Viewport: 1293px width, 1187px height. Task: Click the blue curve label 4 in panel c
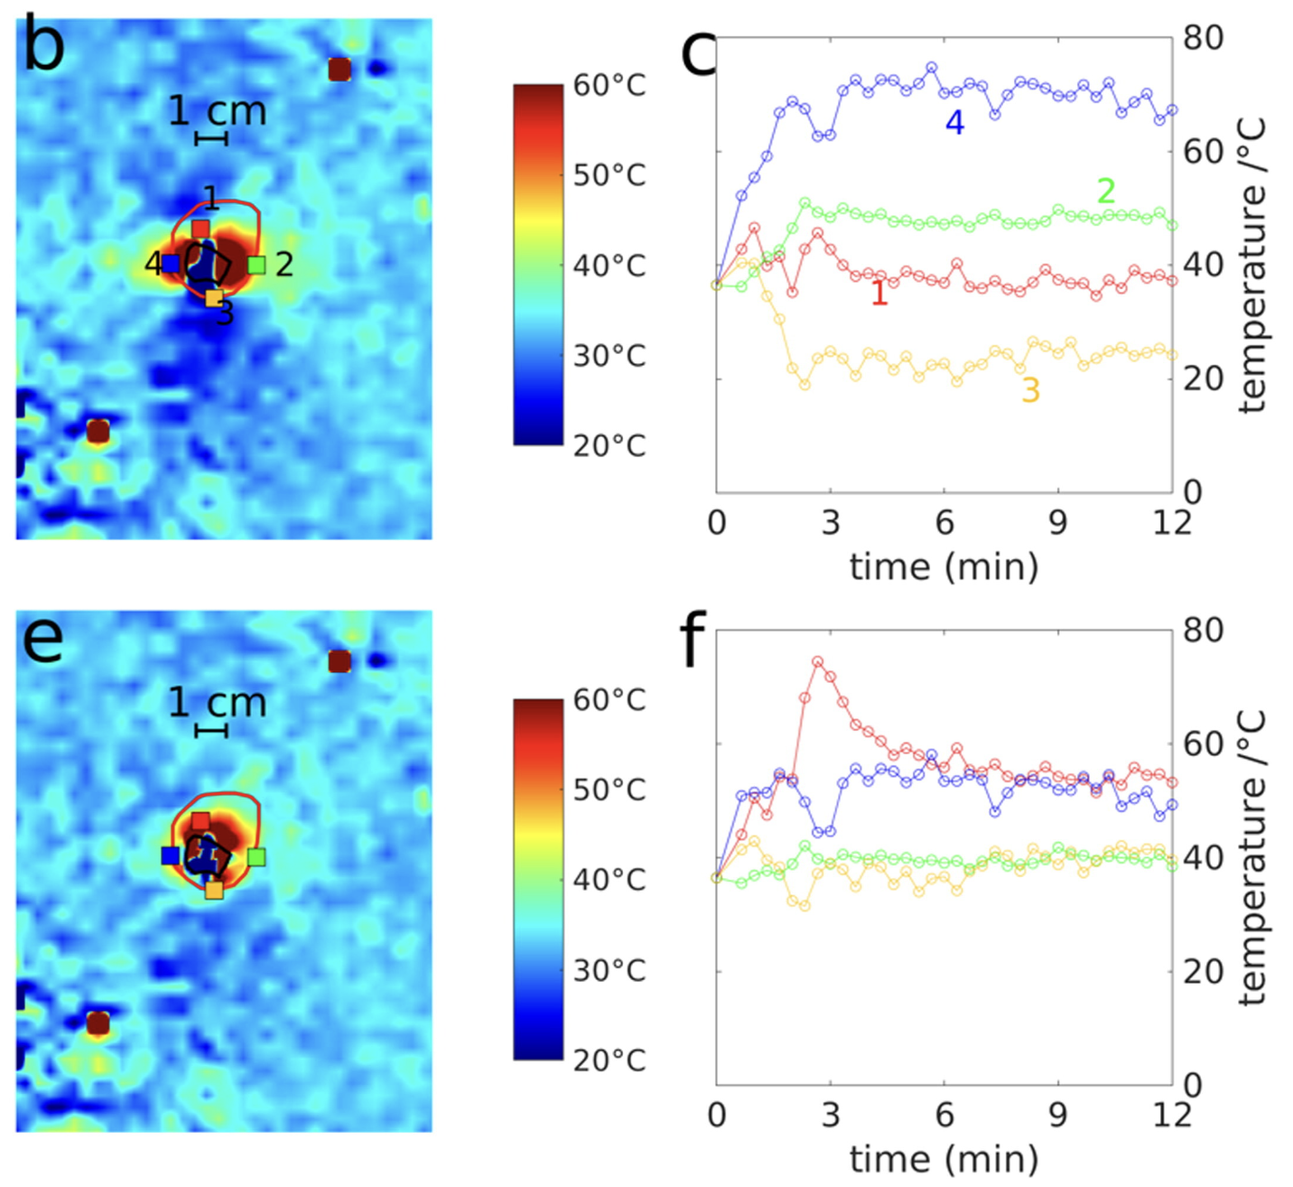click(954, 123)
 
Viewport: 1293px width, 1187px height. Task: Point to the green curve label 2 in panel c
click(1105, 192)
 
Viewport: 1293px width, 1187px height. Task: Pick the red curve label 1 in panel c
click(879, 294)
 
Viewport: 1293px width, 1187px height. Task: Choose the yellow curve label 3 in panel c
click(1030, 390)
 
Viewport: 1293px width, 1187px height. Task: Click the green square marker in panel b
click(256, 265)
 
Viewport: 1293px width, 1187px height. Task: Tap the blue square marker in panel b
click(171, 264)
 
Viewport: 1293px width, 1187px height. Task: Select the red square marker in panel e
click(200, 821)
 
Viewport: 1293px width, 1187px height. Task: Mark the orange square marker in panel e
click(214, 890)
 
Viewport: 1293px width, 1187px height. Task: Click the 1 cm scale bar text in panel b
click(218, 112)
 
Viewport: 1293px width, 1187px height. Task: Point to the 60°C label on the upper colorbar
click(609, 86)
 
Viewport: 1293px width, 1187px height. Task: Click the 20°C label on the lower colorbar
click(609, 1060)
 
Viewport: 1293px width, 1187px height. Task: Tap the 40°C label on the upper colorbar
click(609, 266)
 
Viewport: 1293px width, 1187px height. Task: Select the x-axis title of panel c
click(944, 566)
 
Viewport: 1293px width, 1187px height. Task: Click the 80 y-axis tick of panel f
click(1203, 630)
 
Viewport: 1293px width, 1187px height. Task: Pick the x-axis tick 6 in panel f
click(944, 1115)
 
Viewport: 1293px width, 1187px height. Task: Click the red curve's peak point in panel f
click(817, 661)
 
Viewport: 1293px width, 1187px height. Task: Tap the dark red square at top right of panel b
click(340, 70)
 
